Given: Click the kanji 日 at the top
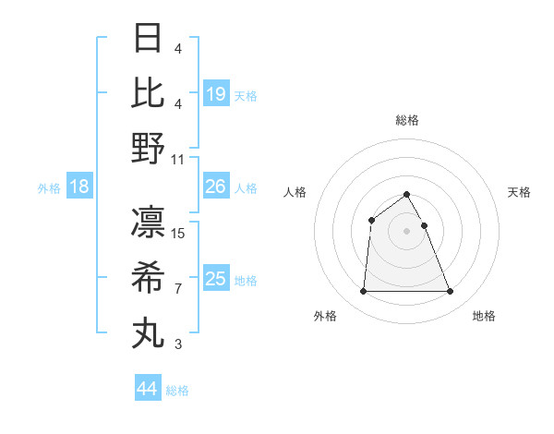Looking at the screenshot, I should click(x=148, y=39).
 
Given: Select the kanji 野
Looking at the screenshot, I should click(x=148, y=148).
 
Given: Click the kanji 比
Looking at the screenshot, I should click(x=148, y=93).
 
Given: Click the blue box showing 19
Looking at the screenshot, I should click(x=216, y=94).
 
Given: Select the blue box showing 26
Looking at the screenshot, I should click(x=216, y=187).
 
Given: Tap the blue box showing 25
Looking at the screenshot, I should click(x=216, y=279).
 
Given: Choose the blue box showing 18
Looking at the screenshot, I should click(x=79, y=187).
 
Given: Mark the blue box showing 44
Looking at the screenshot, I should click(x=147, y=389).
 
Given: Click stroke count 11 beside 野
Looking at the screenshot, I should click(x=178, y=159).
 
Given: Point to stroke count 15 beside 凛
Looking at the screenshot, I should click(x=178, y=233).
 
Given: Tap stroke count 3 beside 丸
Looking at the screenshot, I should click(x=178, y=344).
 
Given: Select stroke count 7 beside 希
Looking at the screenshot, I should click(x=178, y=289).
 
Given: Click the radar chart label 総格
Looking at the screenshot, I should click(x=406, y=120).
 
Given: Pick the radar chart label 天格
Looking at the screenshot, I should click(x=519, y=192).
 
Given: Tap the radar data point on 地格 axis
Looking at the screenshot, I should click(x=450, y=292).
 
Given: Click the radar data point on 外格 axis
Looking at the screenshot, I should click(x=363, y=292).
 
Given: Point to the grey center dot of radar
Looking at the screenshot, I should click(x=406, y=231).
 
